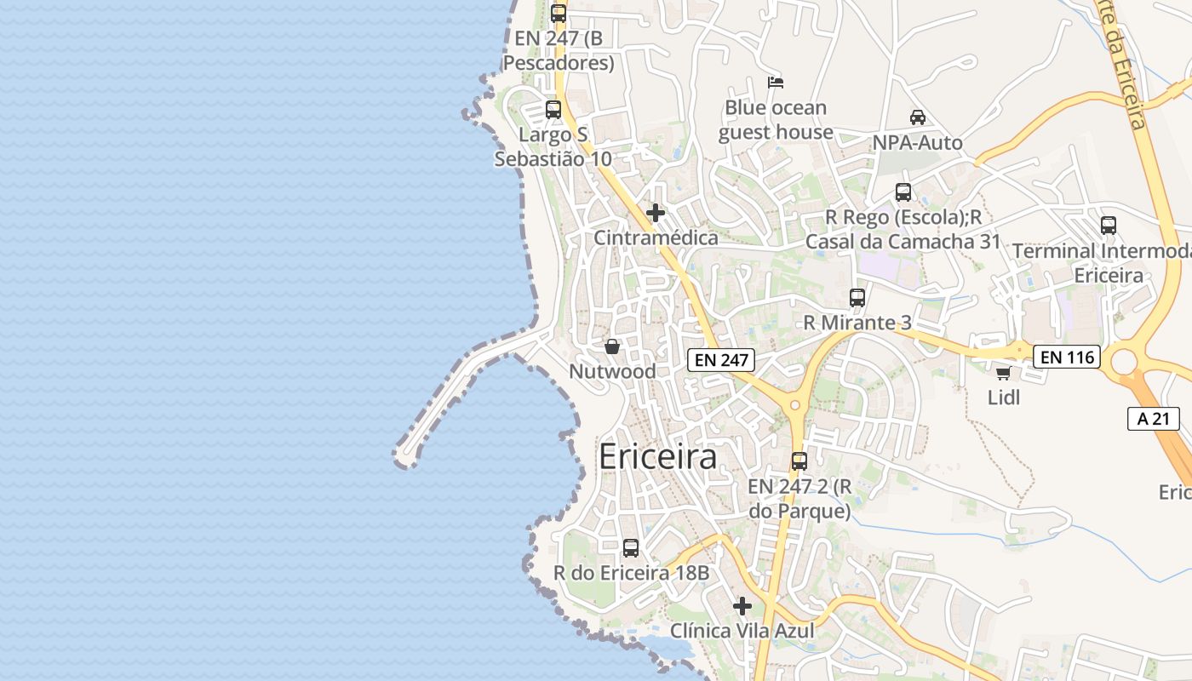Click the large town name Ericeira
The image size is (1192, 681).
coord(657,457)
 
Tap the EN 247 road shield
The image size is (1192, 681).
coord(721,360)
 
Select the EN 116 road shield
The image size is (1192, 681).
coord(1067,358)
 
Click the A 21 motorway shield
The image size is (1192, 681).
coord(1153,418)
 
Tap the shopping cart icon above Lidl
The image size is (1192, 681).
coord(1004,373)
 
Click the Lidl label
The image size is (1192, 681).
coord(1004,397)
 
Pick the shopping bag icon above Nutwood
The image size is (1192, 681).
coord(611,346)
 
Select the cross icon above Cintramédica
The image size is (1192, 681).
coord(656,213)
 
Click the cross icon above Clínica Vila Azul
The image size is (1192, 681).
coord(742,606)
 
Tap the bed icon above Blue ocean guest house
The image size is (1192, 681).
coord(775,83)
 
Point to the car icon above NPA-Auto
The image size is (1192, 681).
coord(917,117)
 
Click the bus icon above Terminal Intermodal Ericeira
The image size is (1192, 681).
coord(1108,226)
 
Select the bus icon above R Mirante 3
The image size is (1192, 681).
coord(857,298)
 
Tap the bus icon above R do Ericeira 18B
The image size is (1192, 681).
coord(631,548)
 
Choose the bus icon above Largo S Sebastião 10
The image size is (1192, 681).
coord(553,110)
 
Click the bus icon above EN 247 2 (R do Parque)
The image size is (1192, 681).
coord(799,461)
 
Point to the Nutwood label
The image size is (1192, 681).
coord(612,372)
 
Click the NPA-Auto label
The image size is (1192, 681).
coord(917,142)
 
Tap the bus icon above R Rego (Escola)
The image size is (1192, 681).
coord(903,192)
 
